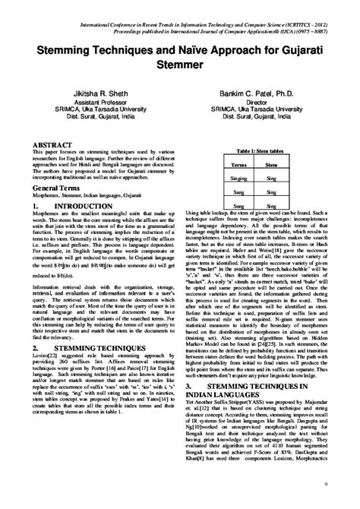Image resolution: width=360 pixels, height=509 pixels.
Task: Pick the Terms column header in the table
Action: [240, 163]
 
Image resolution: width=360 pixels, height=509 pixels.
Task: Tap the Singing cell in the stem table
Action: [240, 176]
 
